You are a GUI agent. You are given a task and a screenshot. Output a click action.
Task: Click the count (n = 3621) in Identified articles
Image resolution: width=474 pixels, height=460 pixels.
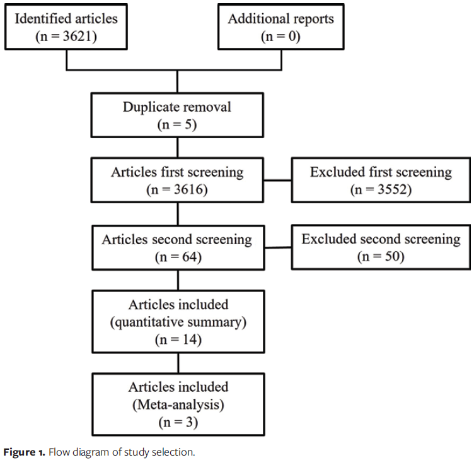point(66,36)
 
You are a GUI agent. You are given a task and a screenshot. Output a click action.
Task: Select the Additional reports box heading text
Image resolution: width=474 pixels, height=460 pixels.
point(280,18)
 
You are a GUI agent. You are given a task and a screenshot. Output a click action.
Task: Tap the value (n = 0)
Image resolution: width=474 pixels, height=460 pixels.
point(280,36)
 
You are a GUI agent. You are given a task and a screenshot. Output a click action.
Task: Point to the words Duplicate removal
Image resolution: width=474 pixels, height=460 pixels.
point(177,107)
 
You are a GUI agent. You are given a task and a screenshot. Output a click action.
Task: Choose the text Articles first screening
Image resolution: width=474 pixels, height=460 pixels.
point(177,172)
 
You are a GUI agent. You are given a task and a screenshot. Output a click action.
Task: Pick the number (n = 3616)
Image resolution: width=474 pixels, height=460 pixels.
point(177,189)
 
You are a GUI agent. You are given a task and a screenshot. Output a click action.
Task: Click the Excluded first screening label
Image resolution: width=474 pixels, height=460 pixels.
point(381,172)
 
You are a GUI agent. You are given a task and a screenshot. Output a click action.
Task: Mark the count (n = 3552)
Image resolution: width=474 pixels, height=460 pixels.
point(381,189)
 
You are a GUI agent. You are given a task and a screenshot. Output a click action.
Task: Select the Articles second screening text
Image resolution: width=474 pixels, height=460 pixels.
point(177,240)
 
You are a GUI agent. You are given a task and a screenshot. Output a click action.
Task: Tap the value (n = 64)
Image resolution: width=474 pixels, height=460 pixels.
point(177,257)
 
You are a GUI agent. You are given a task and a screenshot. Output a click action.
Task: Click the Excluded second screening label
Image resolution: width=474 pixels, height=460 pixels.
point(381,240)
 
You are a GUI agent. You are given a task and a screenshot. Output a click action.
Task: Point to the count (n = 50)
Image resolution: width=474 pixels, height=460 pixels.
point(381,257)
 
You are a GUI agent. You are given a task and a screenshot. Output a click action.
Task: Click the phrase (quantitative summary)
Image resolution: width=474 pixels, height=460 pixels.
point(178,322)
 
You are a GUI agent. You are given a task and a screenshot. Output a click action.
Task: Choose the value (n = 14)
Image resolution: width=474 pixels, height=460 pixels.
point(177,340)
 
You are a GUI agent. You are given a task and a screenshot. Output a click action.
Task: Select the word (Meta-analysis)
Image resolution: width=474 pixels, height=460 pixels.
point(178,405)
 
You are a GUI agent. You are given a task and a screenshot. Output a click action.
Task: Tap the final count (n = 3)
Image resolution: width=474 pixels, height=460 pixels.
point(177,423)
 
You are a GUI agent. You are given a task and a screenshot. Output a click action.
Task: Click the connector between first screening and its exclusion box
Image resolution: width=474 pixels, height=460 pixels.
point(277,180)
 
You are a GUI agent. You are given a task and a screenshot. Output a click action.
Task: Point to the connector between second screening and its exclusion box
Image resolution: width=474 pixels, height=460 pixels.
point(277,249)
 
